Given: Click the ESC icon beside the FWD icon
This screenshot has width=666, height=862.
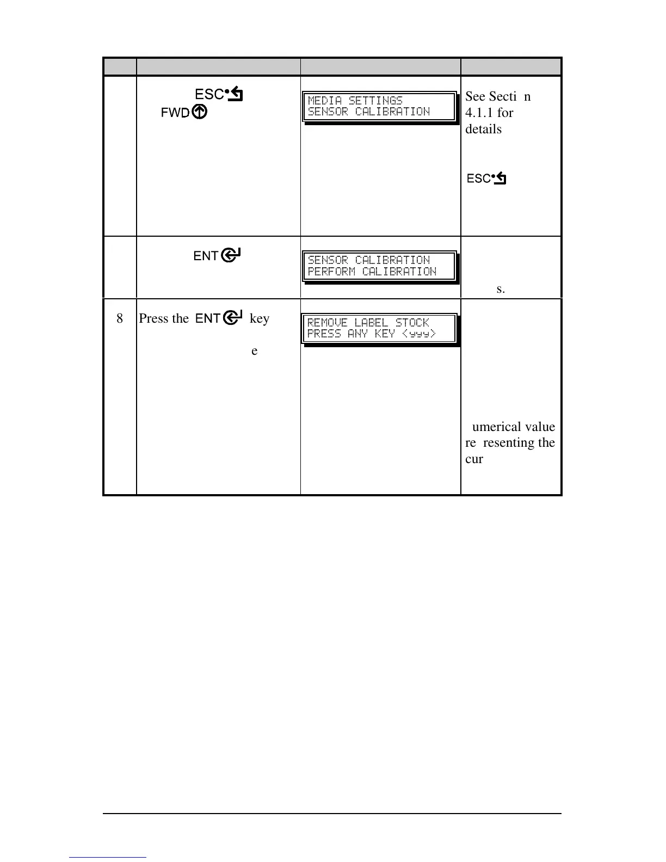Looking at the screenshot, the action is [219, 95].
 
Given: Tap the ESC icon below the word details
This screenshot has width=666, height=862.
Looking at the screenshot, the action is [486, 178].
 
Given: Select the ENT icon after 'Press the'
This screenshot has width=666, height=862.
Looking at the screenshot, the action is [218, 318].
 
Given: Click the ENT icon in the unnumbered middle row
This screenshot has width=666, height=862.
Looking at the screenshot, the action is [218, 255].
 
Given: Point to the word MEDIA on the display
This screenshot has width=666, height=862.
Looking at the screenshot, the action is [325, 100].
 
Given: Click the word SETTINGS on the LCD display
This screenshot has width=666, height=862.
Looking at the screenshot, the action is [375, 100].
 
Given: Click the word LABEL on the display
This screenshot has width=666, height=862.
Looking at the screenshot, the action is [371, 323].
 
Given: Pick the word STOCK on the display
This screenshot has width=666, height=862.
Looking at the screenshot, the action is [412, 323].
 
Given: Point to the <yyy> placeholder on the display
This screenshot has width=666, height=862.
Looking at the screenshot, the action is [419, 334].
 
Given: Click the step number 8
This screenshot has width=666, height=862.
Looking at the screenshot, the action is [120, 318].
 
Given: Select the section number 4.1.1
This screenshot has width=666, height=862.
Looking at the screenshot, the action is [479, 113].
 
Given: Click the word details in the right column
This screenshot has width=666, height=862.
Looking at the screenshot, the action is [483, 129].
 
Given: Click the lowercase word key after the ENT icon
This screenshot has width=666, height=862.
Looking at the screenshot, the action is [260, 318].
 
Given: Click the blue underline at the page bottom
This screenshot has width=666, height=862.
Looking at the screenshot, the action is [108, 857].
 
